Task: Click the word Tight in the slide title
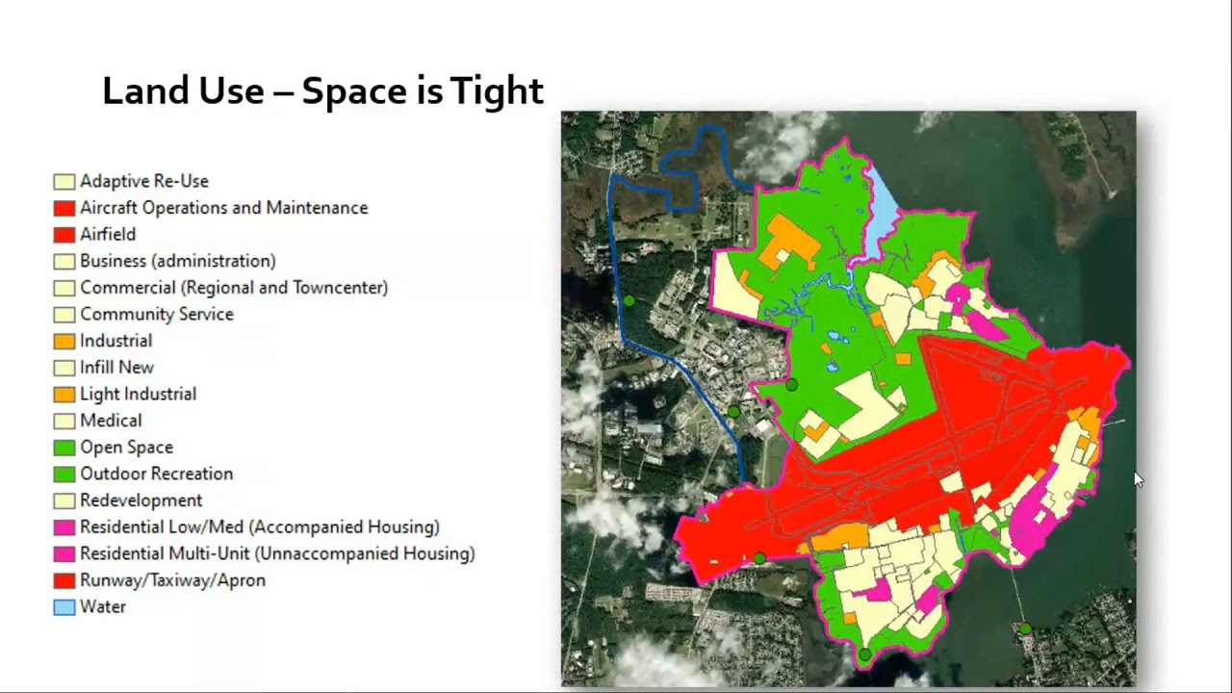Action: pos(497,91)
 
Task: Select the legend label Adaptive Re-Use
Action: pos(143,181)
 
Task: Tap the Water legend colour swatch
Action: pos(64,607)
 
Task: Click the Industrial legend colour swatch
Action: pos(64,341)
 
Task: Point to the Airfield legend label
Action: pos(108,234)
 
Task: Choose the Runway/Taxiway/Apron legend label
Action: pos(172,580)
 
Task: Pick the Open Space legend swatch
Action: pos(64,448)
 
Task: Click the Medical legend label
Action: pos(111,421)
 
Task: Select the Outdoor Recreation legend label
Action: pos(156,474)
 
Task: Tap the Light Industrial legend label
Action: pos(138,394)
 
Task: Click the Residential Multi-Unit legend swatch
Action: pos(64,554)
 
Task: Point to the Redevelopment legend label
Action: pos(141,500)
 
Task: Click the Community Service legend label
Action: pos(156,314)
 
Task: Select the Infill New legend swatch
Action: pos(64,368)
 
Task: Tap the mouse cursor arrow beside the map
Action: pos(1139,479)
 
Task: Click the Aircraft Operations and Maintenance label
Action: pos(223,208)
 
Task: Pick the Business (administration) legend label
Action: pos(177,261)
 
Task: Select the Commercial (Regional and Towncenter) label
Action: pos(234,288)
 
